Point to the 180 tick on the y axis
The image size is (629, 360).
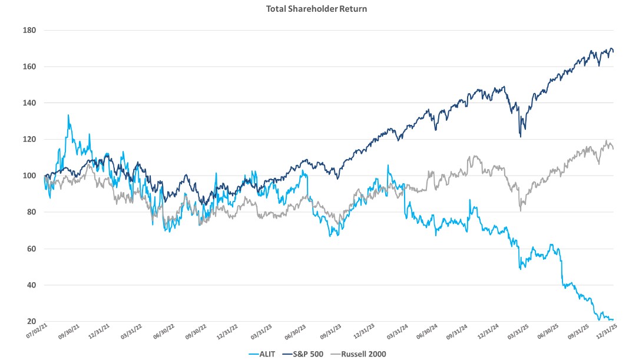(29, 30)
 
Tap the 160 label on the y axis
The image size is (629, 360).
(29, 67)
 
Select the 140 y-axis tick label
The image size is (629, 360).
(29, 103)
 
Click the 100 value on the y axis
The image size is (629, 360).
(29, 176)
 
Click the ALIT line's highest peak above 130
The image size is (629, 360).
(68, 115)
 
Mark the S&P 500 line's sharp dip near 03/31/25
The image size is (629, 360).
(521, 136)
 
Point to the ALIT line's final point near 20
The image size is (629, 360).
(613, 320)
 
